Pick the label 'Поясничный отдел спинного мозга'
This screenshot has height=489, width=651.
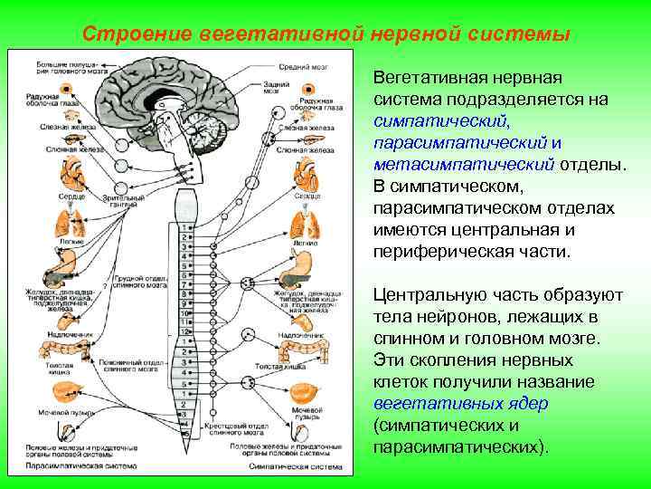point(135,367)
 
